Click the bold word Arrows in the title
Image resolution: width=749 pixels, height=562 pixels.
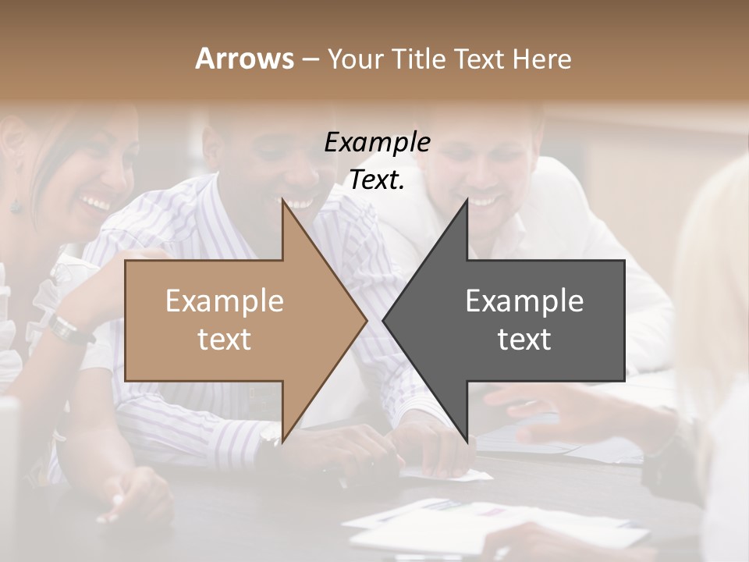(244, 59)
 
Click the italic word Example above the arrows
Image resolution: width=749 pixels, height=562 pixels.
(377, 143)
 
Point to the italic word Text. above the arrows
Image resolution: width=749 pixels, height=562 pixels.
(377, 180)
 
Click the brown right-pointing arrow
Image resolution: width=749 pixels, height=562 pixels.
(234, 320)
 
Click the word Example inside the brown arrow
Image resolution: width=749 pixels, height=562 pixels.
(225, 301)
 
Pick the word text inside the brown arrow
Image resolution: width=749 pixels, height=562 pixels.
(225, 340)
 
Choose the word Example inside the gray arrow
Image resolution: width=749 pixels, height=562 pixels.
(524, 301)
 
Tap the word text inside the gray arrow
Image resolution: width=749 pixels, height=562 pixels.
(524, 340)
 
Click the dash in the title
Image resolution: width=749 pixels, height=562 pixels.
(310, 59)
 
